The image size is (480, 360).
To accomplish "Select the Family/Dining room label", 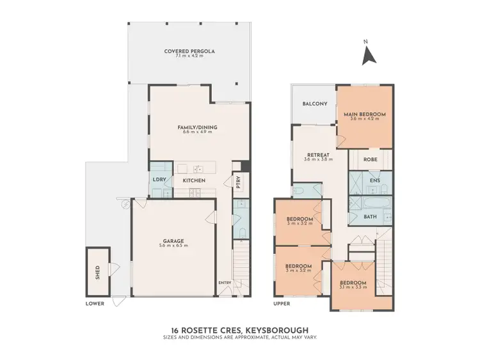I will click(197, 127).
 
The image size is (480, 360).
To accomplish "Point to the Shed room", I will click(97, 272).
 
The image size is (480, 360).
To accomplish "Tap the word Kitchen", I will click(194, 181).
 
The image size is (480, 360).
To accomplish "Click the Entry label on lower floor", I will click(225, 283).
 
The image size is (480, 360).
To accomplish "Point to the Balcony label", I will click(315, 104).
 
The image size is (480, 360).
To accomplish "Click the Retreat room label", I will click(317, 155).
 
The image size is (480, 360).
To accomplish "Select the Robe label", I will click(370, 159).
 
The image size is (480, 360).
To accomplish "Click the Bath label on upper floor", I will click(370, 216).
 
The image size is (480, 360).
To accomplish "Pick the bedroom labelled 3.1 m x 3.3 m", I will click(353, 283).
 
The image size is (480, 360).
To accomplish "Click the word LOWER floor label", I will click(95, 304).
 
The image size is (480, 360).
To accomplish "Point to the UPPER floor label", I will click(282, 304).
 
